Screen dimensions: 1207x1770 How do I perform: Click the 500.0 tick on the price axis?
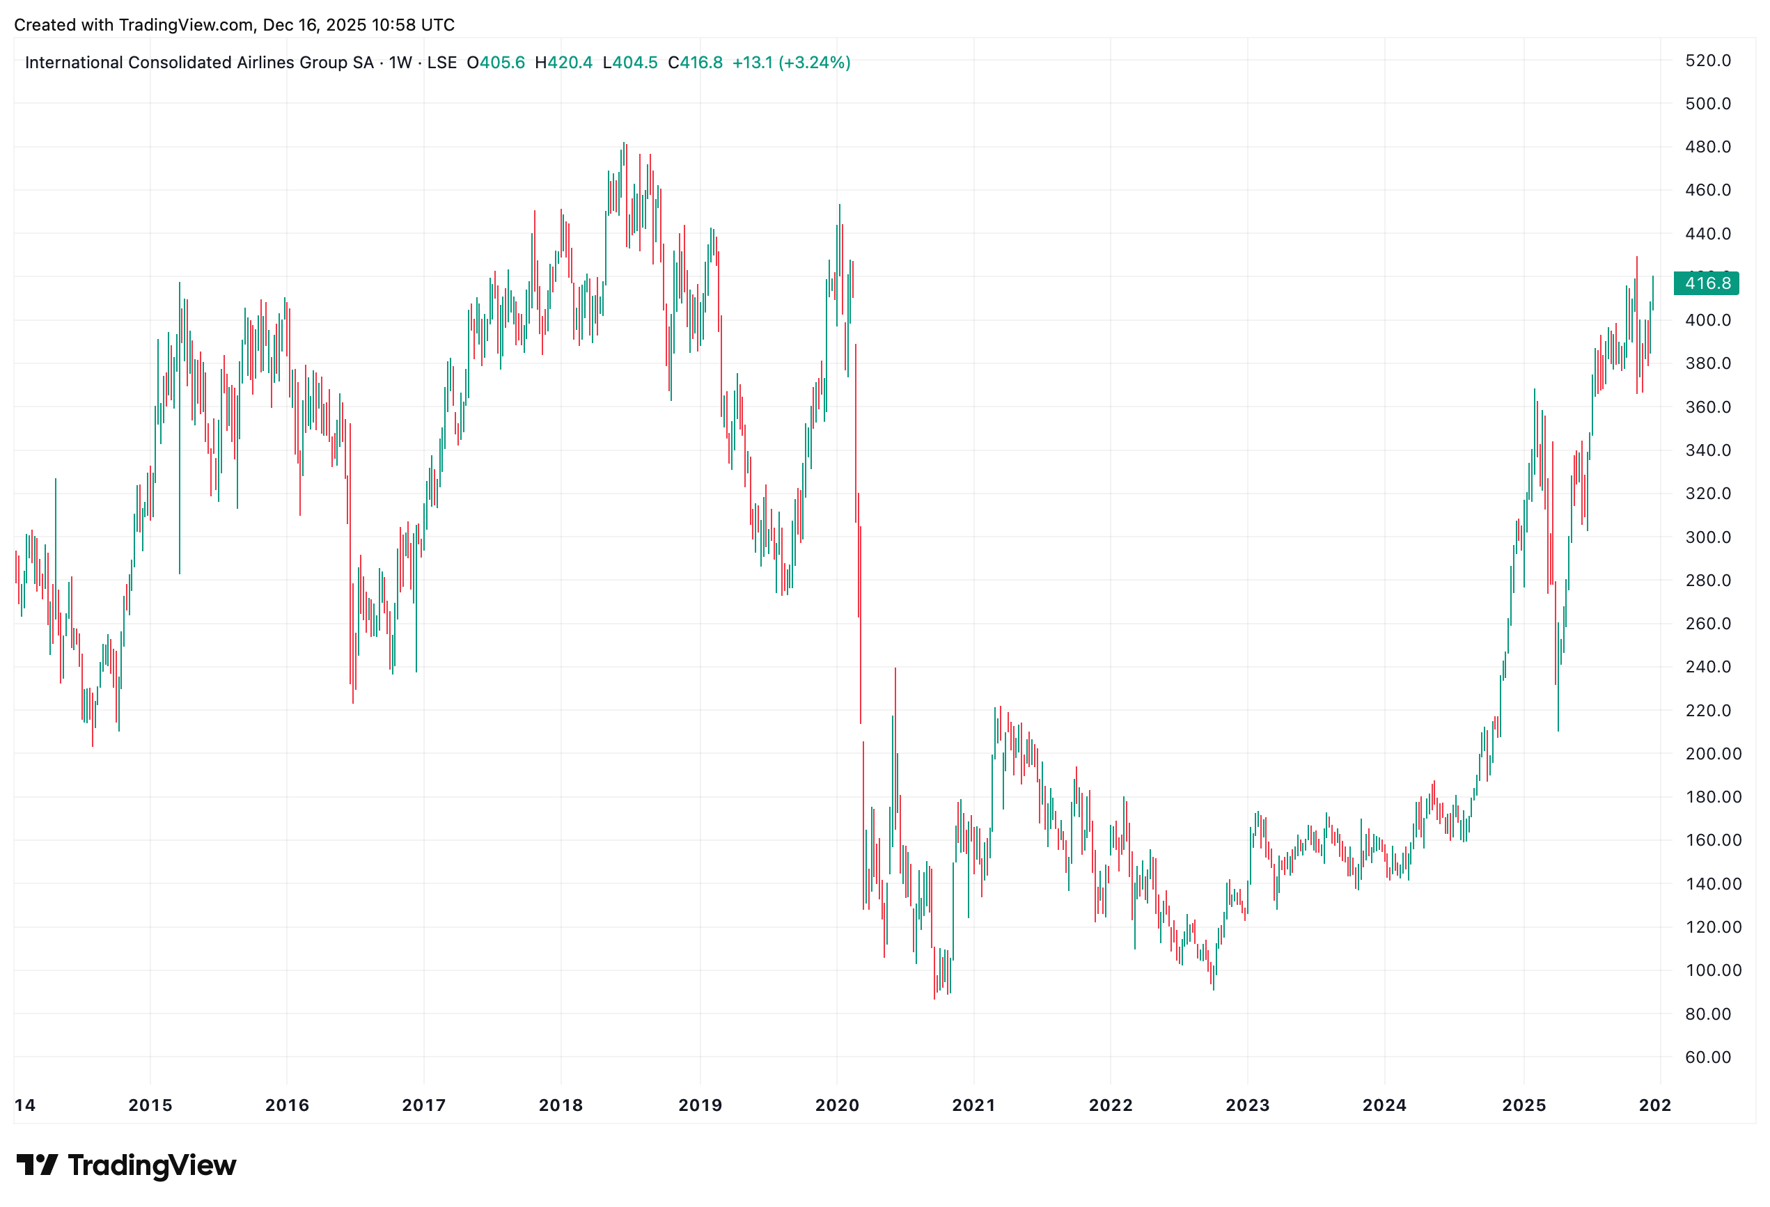[x=1707, y=104]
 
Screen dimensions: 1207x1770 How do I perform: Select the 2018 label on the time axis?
[x=561, y=1105]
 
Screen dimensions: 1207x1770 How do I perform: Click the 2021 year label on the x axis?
[x=973, y=1105]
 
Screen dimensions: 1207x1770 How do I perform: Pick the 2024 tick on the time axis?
[x=1384, y=1105]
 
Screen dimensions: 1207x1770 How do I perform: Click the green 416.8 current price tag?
[x=1707, y=283]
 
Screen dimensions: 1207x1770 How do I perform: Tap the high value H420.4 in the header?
[x=563, y=63]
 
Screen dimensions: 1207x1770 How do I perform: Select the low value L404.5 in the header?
[x=630, y=63]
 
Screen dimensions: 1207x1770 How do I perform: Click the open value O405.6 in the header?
[x=496, y=63]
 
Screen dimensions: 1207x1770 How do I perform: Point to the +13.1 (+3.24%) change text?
[x=791, y=63]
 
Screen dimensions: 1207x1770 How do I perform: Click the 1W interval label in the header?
[x=400, y=63]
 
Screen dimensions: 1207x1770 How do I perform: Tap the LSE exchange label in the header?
[x=441, y=63]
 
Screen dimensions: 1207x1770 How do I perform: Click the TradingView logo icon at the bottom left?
[x=37, y=1165]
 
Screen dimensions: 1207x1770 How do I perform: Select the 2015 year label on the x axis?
[x=150, y=1105]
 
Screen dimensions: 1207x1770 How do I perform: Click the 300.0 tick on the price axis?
[x=1707, y=537]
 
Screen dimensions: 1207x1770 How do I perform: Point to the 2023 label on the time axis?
[x=1247, y=1105]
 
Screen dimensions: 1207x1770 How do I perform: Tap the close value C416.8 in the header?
[x=696, y=63]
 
